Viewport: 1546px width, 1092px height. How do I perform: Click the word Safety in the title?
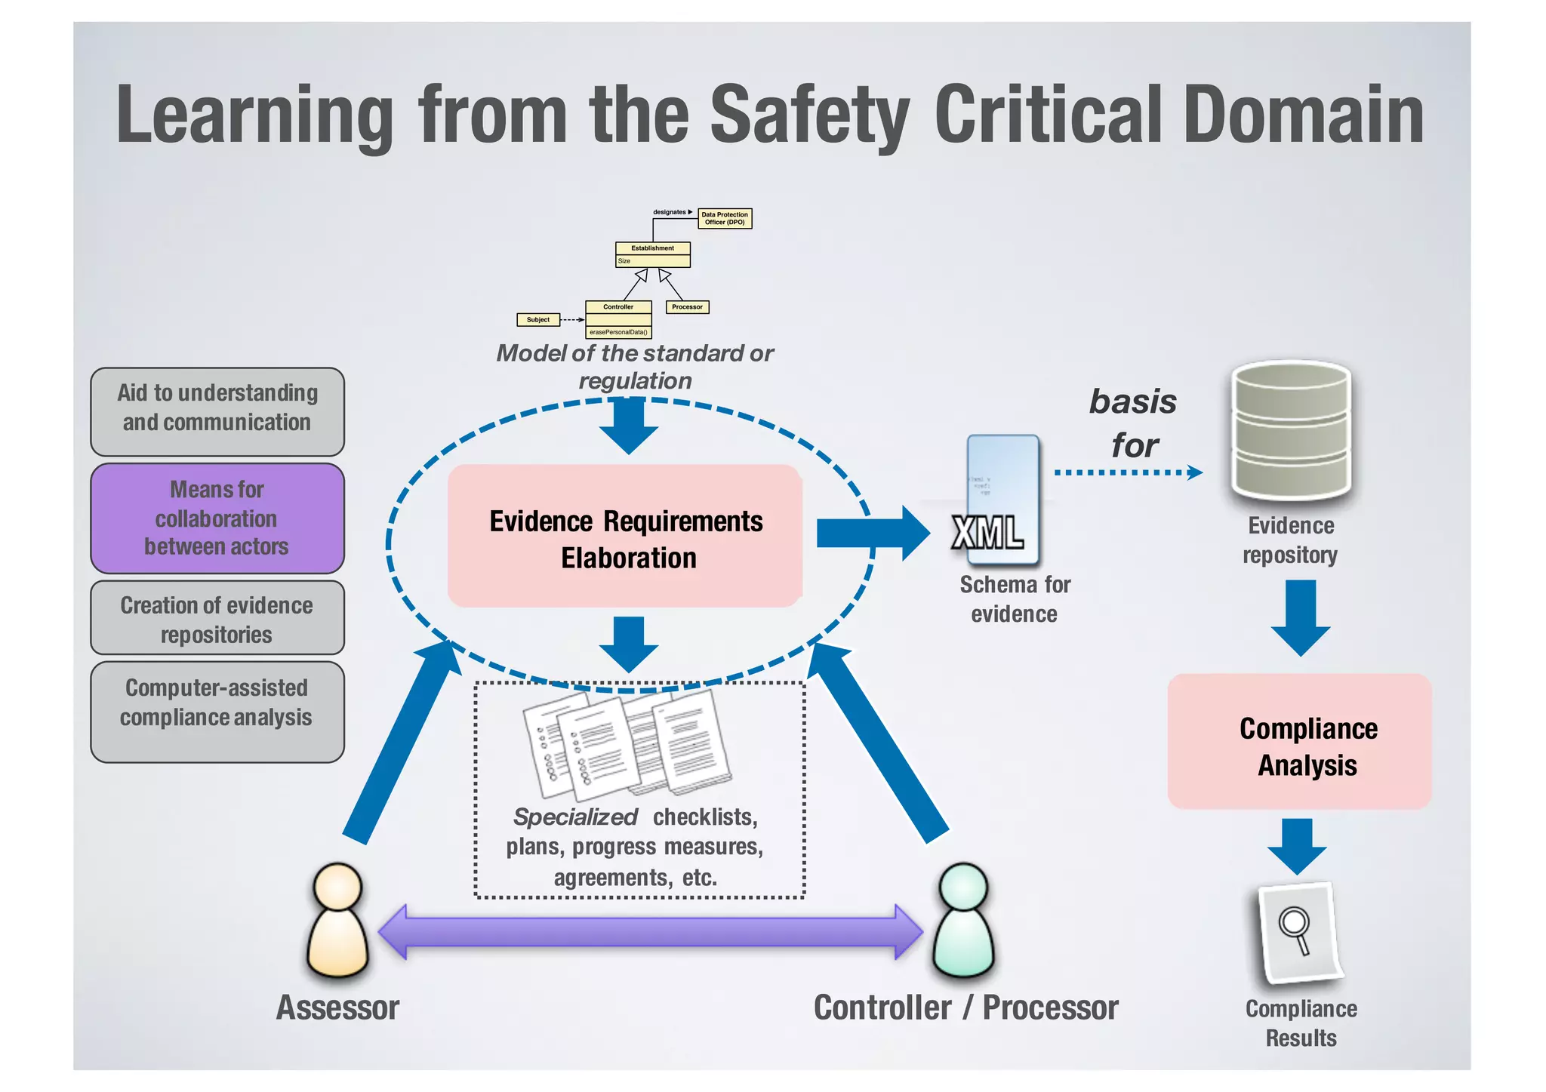point(809,115)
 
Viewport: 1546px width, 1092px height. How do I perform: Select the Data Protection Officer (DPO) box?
point(724,218)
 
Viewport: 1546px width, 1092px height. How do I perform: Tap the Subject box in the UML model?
point(537,320)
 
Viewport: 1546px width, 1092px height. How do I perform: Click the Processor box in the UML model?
point(686,307)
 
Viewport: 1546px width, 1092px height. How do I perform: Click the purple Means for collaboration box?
point(217,518)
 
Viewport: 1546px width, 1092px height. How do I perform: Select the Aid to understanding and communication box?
point(217,411)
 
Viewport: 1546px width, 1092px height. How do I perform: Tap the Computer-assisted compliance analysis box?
point(217,712)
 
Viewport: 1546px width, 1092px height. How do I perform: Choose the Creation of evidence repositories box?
point(217,618)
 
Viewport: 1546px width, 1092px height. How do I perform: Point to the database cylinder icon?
point(1291,434)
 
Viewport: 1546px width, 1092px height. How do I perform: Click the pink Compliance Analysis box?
point(1300,742)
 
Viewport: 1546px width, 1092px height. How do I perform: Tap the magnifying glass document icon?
point(1298,933)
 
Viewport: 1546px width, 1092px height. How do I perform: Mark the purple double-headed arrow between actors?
point(650,932)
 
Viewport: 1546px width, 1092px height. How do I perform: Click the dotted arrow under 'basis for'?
point(1128,472)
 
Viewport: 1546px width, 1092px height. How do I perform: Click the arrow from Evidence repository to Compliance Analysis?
point(1300,617)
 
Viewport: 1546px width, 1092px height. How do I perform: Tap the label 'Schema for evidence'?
point(1015,599)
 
